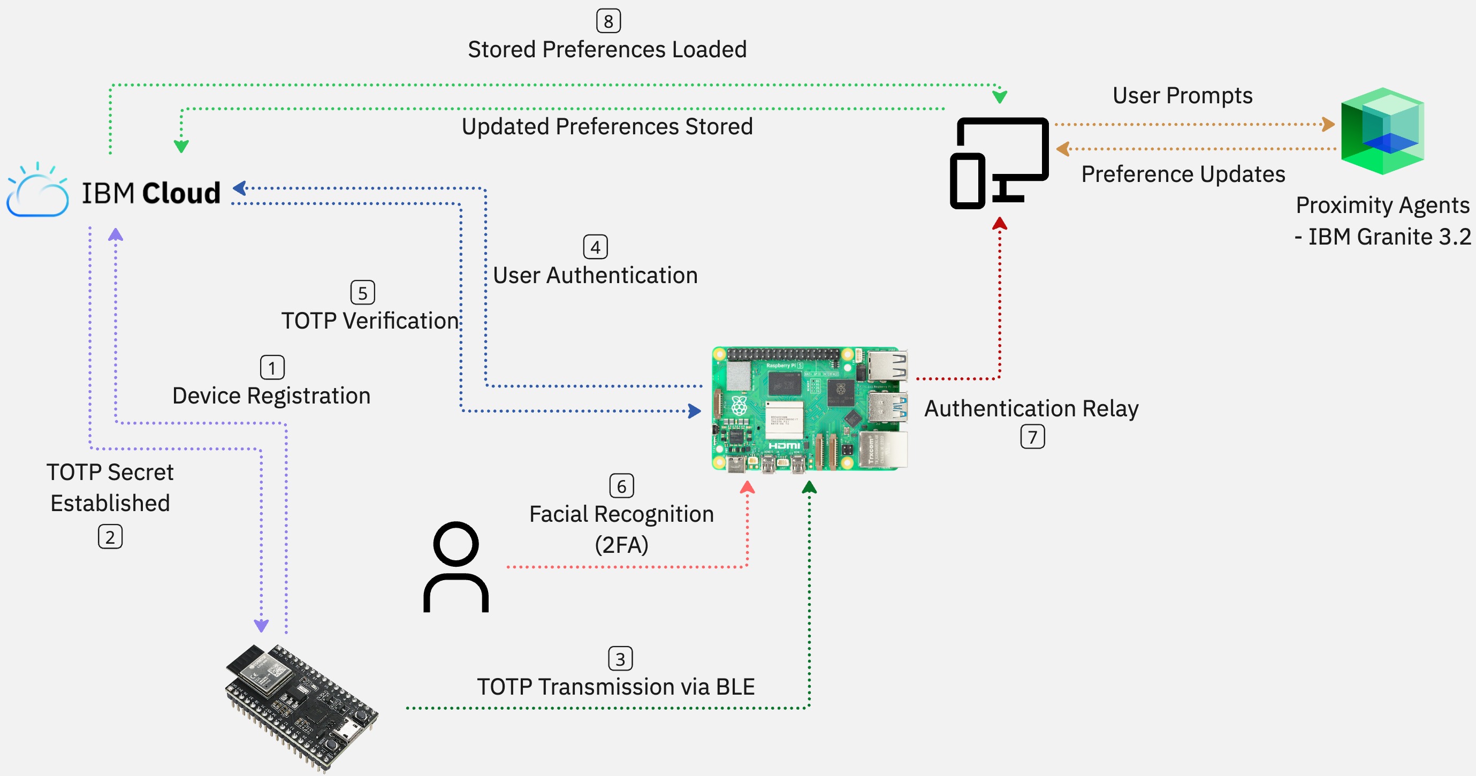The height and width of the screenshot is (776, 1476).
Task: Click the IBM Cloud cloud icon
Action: (38, 192)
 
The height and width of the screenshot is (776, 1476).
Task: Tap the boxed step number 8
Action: (608, 21)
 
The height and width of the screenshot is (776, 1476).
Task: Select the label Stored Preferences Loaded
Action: (607, 50)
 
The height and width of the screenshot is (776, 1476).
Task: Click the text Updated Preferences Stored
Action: (607, 127)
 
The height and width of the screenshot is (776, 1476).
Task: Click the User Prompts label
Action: (1182, 96)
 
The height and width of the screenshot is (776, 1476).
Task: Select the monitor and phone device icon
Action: (998, 163)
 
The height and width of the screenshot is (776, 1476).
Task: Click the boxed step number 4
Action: (595, 247)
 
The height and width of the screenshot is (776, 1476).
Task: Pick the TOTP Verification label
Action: (370, 321)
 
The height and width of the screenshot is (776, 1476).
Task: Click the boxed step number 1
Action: (272, 367)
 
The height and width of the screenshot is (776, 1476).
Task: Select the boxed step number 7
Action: (1032, 437)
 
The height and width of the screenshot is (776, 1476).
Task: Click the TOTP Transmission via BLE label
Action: (615, 687)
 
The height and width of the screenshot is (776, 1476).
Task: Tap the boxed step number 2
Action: (110, 537)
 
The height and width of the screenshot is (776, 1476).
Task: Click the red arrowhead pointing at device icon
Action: (999, 224)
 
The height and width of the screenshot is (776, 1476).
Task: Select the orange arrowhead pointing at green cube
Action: (1328, 124)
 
